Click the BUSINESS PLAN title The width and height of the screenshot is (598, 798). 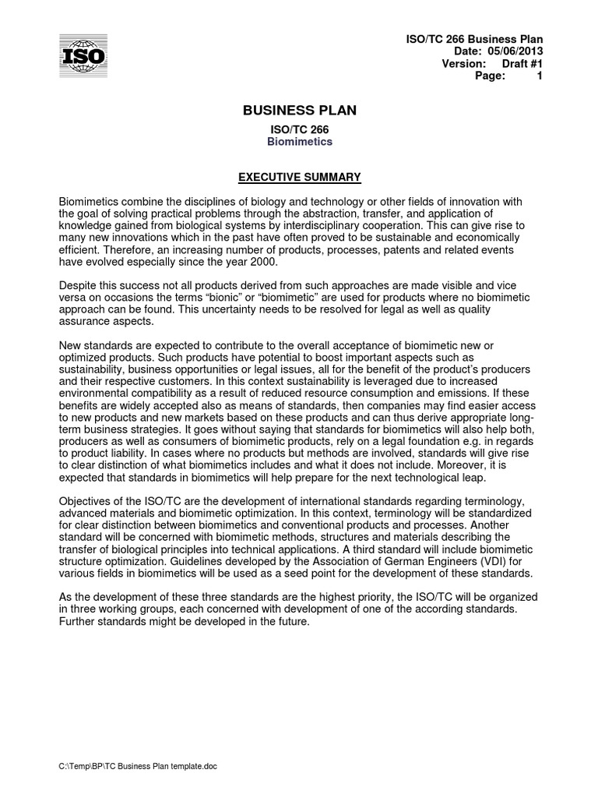click(x=300, y=111)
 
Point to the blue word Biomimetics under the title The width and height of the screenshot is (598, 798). click(x=300, y=142)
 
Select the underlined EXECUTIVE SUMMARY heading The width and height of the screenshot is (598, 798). click(x=300, y=178)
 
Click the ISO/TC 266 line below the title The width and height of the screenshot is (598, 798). click(x=300, y=129)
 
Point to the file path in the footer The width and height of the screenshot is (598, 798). click(x=139, y=767)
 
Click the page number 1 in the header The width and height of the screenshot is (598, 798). click(x=539, y=76)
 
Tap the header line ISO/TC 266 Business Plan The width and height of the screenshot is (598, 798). click(x=476, y=39)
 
